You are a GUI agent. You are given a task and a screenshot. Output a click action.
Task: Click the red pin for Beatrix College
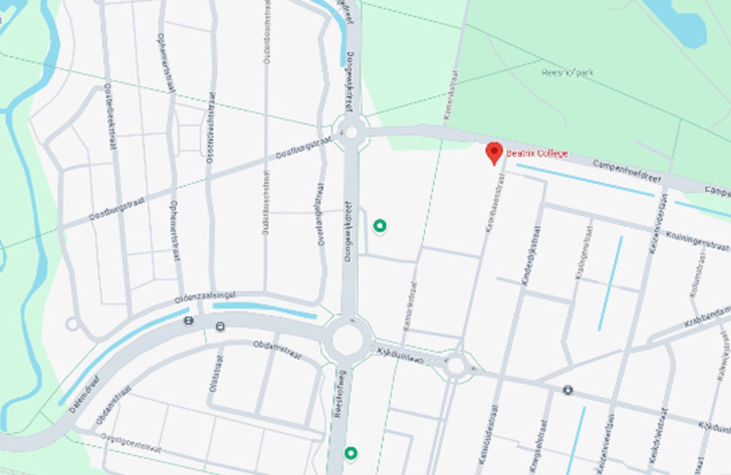494,152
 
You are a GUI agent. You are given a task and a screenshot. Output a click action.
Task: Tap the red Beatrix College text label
537,154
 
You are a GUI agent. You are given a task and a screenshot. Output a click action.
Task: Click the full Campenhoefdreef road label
626,171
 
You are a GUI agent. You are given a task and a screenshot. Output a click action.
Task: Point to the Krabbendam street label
708,315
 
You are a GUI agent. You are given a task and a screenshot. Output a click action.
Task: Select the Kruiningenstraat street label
697,240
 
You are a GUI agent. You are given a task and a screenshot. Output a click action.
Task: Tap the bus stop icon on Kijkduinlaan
568,390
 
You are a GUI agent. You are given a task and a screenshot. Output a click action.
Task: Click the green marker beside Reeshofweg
351,453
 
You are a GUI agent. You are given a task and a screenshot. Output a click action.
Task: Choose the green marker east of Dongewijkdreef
380,226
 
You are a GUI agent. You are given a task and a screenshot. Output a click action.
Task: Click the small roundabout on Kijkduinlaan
455,365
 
